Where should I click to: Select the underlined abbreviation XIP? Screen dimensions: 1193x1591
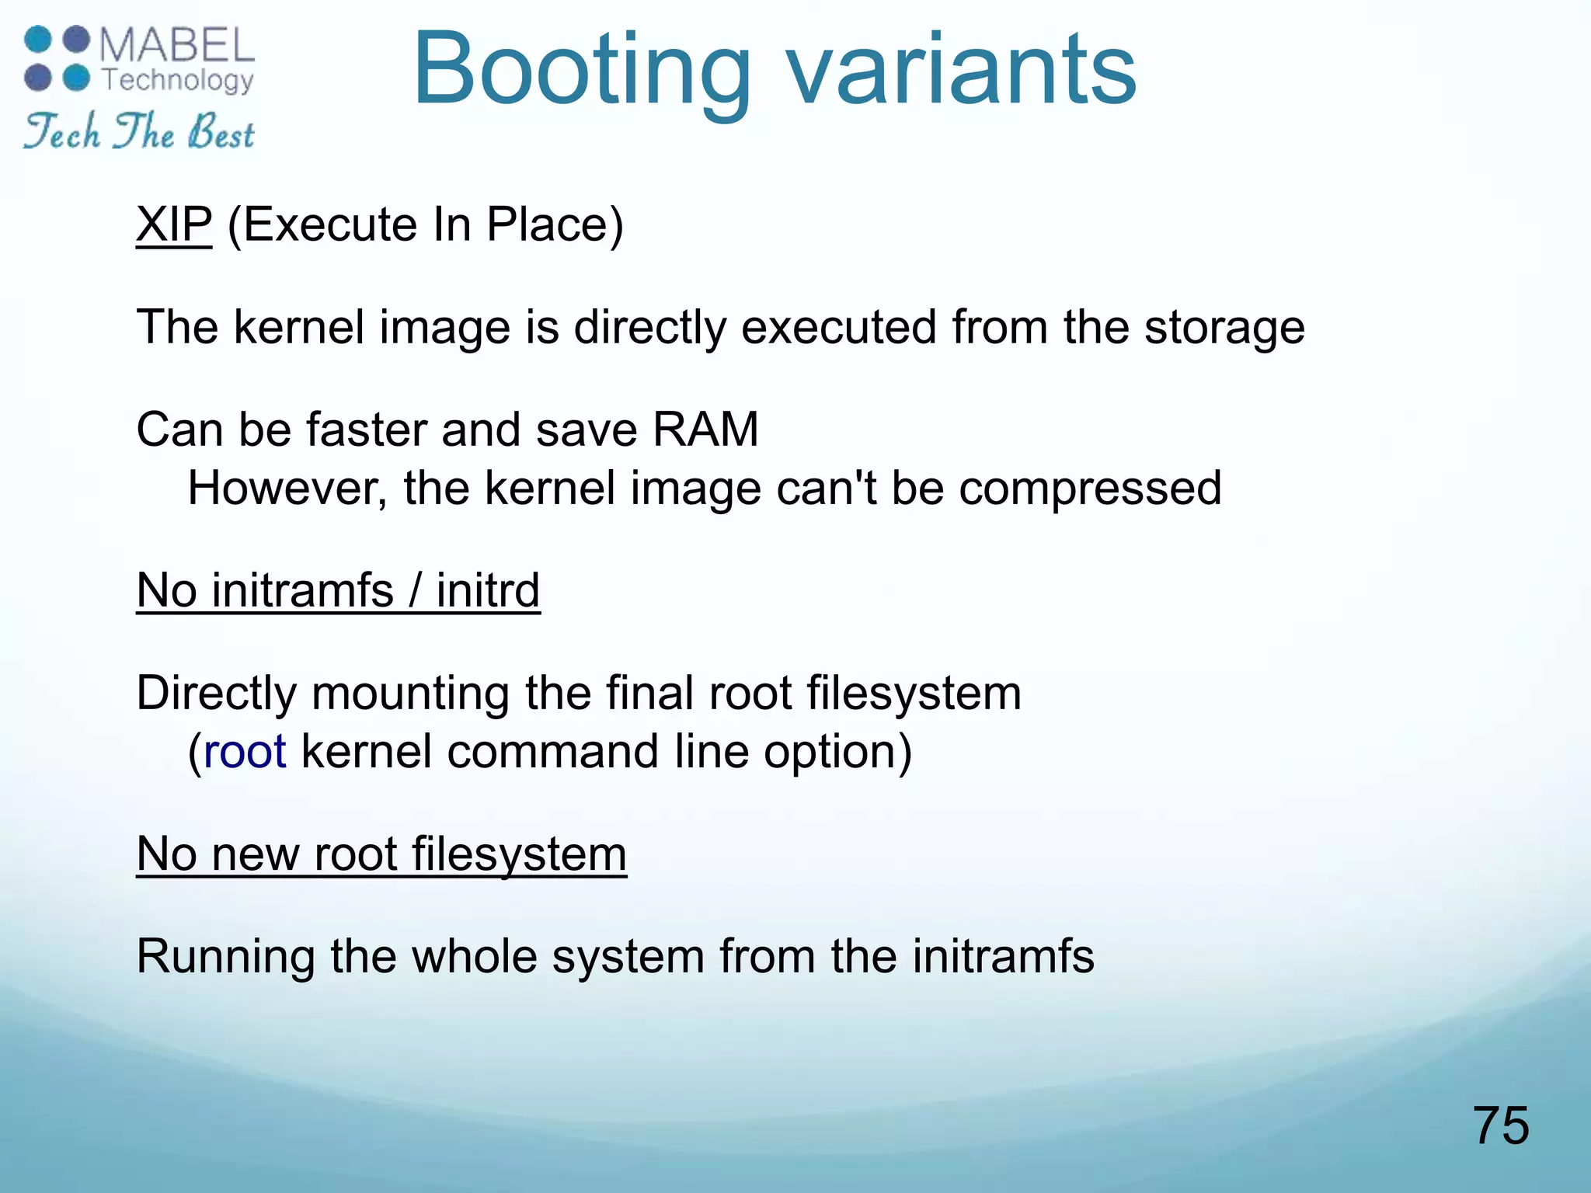(x=174, y=225)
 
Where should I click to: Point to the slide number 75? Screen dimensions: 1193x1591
(x=1500, y=1125)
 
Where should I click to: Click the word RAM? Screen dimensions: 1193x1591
(x=705, y=430)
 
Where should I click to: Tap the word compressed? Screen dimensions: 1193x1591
(x=1090, y=489)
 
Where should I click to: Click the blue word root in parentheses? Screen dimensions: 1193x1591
(x=245, y=752)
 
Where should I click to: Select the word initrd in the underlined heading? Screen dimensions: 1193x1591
(x=488, y=590)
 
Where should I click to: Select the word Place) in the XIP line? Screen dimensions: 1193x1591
(x=555, y=225)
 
